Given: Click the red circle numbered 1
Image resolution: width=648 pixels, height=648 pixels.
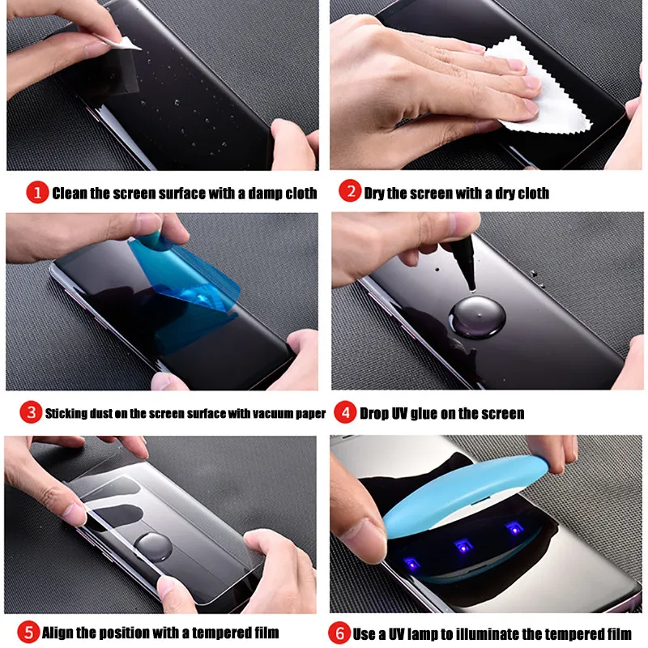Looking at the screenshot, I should pyautogui.click(x=37, y=193).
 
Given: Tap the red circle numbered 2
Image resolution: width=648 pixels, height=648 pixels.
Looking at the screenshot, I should pyautogui.click(x=349, y=193).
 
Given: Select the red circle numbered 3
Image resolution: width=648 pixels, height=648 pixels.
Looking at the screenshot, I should pyautogui.click(x=31, y=412).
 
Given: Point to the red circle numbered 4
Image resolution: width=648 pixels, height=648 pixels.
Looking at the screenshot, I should pyautogui.click(x=346, y=412).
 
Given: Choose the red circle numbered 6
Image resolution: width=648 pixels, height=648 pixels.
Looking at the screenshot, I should pyautogui.click(x=339, y=632).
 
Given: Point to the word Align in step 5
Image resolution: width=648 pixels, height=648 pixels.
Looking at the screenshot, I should pyautogui.click(x=61, y=633).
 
